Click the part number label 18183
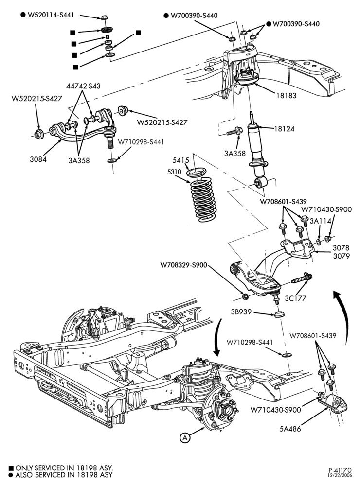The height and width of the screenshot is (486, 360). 286,95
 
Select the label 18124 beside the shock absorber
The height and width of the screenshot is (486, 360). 284,129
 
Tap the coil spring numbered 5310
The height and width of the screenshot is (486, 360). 203,199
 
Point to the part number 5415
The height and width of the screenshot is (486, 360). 180,160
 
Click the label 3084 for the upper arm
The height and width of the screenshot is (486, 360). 38,159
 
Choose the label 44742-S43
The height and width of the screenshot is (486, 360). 83,86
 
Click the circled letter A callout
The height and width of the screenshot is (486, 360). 185,438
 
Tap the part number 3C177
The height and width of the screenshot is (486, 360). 295,298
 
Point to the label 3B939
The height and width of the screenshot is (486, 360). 241,312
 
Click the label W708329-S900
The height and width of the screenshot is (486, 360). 184,265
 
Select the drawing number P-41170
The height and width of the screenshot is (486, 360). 341,470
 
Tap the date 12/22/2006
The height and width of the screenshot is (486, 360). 341,475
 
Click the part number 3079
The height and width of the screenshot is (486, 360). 341,256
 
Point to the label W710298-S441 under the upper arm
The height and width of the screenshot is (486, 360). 141,142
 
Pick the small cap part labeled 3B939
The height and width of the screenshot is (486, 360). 280,314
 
